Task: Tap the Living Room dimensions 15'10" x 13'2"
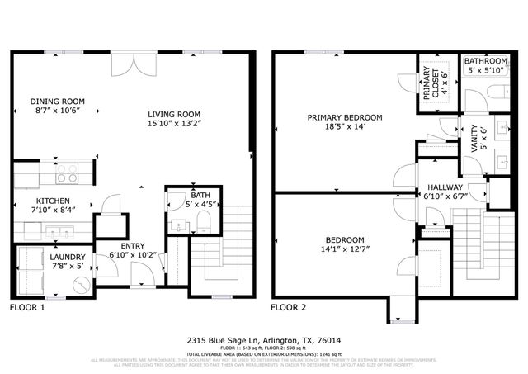pyautogui.click(x=175, y=123)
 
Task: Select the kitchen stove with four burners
pyautogui.click(x=67, y=174)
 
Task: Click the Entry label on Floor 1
pyautogui.click(x=132, y=246)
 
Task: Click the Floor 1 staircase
pyautogui.click(x=238, y=235)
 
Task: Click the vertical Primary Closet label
pyautogui.click(x=427, y=85)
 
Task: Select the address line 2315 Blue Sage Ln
pyautogui.click(x=263, y=338)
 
